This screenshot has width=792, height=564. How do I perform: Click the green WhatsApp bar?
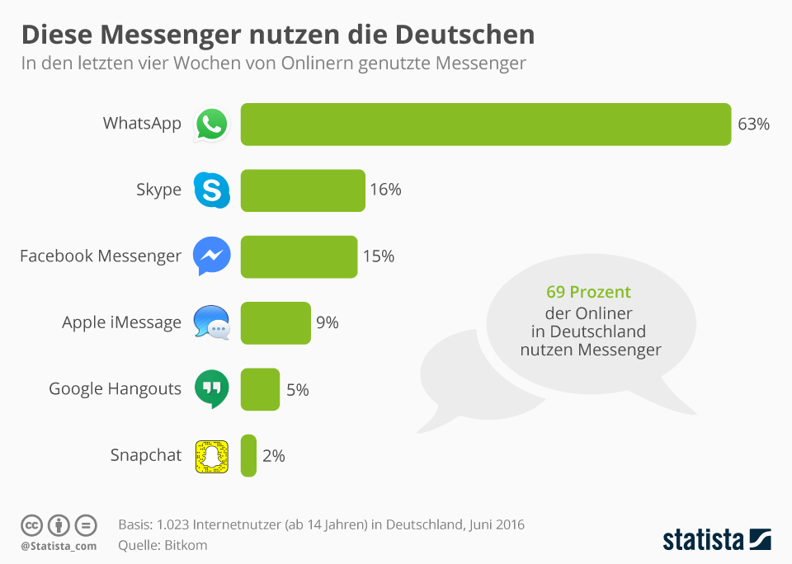(x=485, y=125)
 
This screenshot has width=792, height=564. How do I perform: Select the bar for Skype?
(x=302, y=190)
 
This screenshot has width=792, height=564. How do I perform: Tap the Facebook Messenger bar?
(x=299, y=256)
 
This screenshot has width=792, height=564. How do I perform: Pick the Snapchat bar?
(x=248, y=455)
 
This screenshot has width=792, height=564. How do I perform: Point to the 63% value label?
(x=753, y=125)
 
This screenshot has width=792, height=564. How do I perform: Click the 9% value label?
(x=328, y=322)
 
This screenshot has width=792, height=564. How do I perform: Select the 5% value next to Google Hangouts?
(x=297, y=389)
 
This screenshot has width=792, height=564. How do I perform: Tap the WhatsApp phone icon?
(x=211, y=125)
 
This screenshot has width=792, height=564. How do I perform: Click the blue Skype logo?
(x=211, y=190)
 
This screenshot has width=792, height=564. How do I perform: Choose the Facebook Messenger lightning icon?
(x=211, y=256)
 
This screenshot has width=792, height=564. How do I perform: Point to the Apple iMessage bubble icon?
(x=211, y=322)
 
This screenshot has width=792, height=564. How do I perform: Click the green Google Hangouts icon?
(x=211, y=389)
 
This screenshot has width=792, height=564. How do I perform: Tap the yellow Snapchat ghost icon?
(x=211, y=456)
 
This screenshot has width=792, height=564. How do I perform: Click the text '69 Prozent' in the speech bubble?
(x=588, y=293)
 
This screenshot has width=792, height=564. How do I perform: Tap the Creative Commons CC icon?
(x=31, y=524)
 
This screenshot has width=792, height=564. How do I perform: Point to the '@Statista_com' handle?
(x=59, y=545)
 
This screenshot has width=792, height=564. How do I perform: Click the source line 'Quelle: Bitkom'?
(x=163, y=545)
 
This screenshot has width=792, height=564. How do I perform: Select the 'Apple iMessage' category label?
(x=121, y=322)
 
